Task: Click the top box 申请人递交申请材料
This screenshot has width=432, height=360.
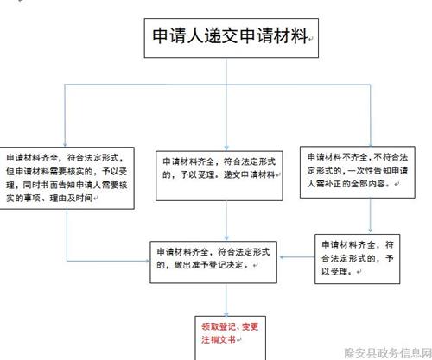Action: click(x=232, y=38)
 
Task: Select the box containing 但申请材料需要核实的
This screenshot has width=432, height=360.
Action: click(x=67, y=178)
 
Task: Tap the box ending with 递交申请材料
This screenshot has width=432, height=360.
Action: click(x=219, y=176)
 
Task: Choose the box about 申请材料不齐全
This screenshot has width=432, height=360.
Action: click(x=358, y=172)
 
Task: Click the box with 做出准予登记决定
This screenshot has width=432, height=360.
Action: click(x=213, y=262)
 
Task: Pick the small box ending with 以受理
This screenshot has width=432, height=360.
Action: click(x=357, y=259)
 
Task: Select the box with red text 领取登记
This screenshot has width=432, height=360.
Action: click(x=230, y=338)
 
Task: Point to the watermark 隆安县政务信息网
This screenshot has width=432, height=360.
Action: click(x=388, y=353)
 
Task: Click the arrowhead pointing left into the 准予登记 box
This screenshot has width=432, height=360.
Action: click(x=282, y=257)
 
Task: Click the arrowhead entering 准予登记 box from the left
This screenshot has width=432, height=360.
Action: click(x=147, y=261)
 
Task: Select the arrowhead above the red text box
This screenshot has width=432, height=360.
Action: click(x=226, y=314)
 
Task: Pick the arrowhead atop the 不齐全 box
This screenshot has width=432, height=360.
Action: click(x=371, y=144)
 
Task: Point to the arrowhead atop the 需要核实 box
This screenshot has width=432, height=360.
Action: click(x=65, y=144)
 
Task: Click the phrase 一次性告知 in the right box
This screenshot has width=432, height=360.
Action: click(x=365, y=171)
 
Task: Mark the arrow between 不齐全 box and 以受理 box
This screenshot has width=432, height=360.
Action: click(x=371, y=216)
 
